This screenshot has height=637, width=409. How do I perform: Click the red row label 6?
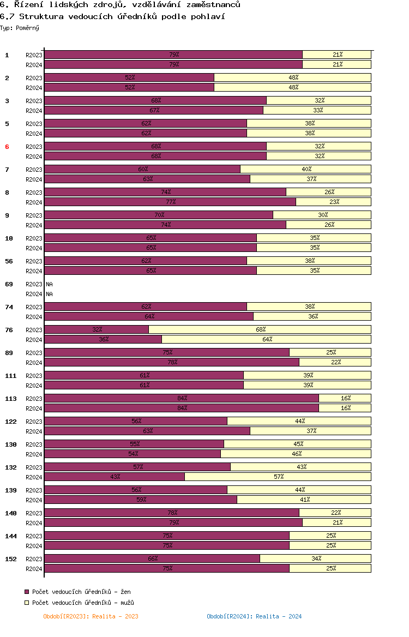click(x=7, y=147)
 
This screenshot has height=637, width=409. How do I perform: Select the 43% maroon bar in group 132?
click(x=115, y=477)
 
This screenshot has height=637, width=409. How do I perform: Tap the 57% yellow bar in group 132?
click(x=278, y=477)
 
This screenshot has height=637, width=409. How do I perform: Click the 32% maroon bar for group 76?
click(x=97, y=329)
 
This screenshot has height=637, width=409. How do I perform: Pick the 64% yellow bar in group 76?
click(x=267, y=339)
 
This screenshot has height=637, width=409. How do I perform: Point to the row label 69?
click(x=9, y=284)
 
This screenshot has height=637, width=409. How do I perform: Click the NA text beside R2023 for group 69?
click(x=49, y=284)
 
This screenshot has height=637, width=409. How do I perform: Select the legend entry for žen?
click(x=77, y=592)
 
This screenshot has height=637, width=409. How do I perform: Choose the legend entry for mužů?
click(x=79, y=603)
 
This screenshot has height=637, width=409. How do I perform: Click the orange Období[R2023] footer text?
click(x=91, y=616)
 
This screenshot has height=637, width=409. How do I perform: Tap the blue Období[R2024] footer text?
click(x=254, y=616)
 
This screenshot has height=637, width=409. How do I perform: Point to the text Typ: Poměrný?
click(x=20, y=28)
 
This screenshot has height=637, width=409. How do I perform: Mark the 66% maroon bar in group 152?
click(x=152, y=558)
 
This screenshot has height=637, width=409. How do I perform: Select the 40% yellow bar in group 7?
click(x=306, y=169)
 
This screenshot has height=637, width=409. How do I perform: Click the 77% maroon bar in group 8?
click(x=170, y=202)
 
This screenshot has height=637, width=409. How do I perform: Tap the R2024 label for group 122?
click(x=34, y=431)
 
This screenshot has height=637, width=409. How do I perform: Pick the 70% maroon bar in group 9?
click(x=159, y=215)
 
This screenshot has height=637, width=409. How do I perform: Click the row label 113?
click(x=10, y=399)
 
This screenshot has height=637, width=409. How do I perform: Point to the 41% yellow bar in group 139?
click(x=304, y=500)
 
